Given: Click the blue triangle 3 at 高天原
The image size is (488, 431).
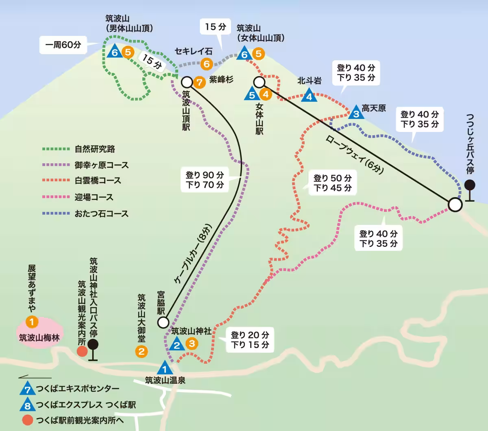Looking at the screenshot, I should [356, 113].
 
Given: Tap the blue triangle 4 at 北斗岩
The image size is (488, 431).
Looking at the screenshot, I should [309, 96].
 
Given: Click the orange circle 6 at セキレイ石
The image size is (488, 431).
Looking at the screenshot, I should [207, 64].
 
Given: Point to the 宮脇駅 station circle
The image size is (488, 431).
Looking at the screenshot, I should [163, 323].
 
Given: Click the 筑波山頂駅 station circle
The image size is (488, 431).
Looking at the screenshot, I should [187, 81].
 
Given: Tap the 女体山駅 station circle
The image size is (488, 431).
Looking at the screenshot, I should [259, 82].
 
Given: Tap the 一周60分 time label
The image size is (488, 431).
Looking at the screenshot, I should [63, 45].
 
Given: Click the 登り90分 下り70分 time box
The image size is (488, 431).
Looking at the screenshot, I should [205, 180].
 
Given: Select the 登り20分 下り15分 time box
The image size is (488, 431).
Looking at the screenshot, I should [250, 340].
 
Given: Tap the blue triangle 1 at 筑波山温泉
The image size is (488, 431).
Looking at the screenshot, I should [165, 369].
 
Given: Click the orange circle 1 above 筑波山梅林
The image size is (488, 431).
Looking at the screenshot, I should [32, 322].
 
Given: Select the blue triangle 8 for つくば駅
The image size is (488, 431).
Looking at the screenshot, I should [27, 405].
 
